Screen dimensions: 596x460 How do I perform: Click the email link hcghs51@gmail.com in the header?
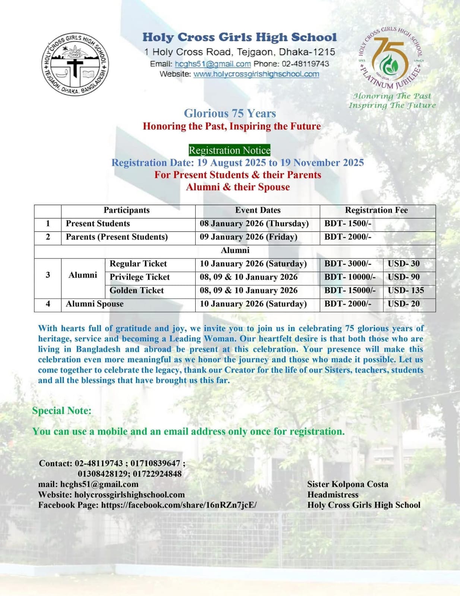tap(212, 64)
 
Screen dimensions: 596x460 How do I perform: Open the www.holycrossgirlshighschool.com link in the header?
tap(256, 74)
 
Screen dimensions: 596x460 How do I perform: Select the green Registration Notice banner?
tap(229, 150)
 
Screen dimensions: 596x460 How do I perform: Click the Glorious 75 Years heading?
tap(230, 113)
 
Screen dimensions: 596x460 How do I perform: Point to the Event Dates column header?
tap(258, 210)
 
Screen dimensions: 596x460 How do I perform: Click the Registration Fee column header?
tap(376, 210)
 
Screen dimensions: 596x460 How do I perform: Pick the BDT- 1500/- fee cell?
tap(348, 223)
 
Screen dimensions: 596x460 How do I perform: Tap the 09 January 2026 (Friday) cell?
tap(249, 237)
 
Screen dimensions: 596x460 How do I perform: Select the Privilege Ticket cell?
tap(139, 277)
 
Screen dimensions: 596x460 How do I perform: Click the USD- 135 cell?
tap(406, 291)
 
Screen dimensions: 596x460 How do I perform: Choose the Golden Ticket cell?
tap(136, 291)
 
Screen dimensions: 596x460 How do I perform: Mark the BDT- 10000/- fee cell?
tap(350, 277)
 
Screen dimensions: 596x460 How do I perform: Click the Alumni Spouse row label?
tap(95, 304)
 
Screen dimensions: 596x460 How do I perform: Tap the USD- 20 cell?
tap(403, 304)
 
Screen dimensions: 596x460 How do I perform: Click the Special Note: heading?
tap(62, 410)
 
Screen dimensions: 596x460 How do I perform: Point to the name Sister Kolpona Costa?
tap(347, 484)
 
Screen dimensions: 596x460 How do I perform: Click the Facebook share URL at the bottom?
tap(179, 505)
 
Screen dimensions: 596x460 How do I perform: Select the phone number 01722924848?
tap(157, 474)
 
